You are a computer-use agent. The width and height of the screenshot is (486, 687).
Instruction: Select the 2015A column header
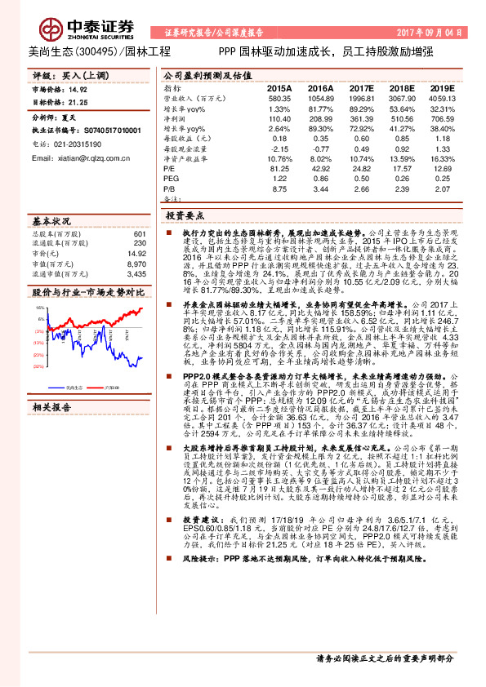coord(279,86)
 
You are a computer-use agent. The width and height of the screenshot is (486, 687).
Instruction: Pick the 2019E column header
coord(441,86)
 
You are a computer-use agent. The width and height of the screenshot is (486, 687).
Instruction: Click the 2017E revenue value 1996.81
coord(360,97)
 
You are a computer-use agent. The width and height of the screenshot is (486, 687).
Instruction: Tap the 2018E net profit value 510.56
coord(401,118)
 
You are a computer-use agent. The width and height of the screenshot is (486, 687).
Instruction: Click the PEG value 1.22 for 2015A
coord(280,179)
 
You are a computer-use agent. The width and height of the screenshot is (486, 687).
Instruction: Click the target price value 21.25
coord(79,103)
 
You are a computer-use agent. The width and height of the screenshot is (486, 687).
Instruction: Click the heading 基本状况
coord(51,221)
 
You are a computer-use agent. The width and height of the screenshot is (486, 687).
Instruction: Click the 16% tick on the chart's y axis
coord(38,307)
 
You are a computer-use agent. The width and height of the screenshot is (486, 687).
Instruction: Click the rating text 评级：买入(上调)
coord(65,74)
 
